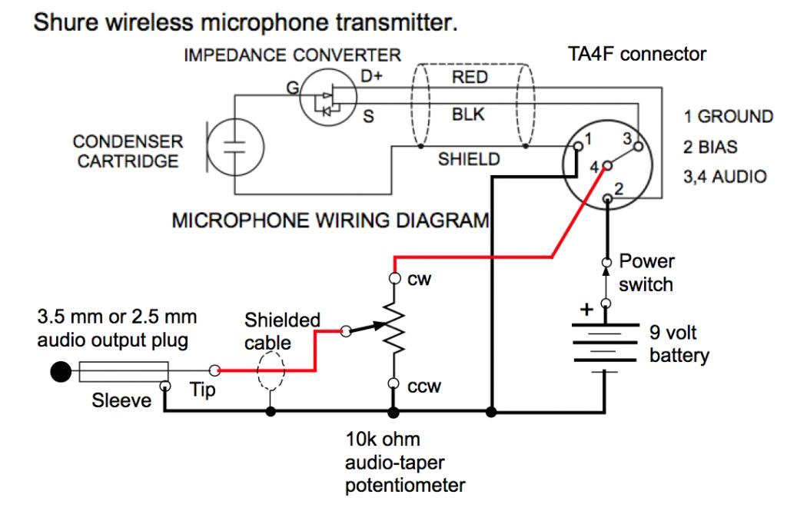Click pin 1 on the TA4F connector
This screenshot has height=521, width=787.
tap(578, 144)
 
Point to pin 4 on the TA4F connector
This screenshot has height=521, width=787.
tap(607, 164)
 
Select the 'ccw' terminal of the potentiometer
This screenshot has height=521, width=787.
tap(393, 384)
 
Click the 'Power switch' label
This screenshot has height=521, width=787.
tap(646, 273)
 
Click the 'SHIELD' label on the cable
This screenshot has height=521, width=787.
tap(469, 160)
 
